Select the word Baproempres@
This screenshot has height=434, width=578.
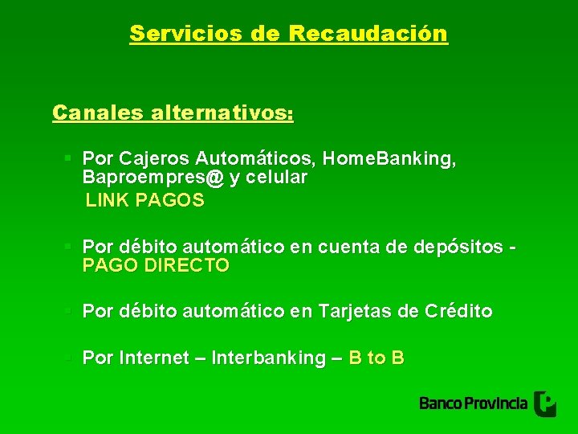[x=153, y=178]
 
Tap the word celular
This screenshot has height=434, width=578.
[x=278, y=178]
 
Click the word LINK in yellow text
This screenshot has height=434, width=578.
[x=108, y=201]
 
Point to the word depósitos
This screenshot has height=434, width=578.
[x=458, y=246]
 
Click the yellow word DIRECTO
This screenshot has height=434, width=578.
[x=187, y=265]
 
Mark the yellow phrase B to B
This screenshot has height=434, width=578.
[x=377, y=358]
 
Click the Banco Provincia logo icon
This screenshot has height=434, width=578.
[x=545, y=403]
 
